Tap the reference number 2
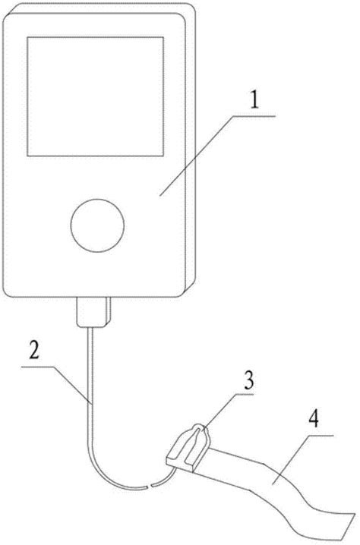pos(34,351)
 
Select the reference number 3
pos(248,380)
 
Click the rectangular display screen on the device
pos(95,96)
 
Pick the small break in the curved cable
pos(149,486)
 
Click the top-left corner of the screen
pos(27,36)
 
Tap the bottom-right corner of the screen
pos(164,156)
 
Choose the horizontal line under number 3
pos(245,395)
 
